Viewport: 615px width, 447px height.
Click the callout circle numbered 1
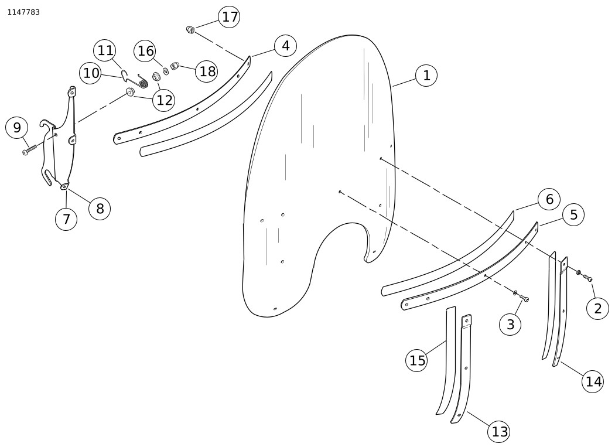click(426, 76)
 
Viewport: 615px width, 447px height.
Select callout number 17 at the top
click(229, 17)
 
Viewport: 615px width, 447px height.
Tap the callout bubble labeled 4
click(286, 46)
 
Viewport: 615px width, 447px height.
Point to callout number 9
click(16, 128)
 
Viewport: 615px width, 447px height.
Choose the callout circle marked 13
click(499, 432)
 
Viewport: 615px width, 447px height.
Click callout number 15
click(416, 360)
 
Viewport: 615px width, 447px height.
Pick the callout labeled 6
click(549, 199)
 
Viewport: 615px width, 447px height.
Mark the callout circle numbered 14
click(593, 381)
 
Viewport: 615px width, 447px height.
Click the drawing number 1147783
click(23, 12)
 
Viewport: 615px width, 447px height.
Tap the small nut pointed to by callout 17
click(190, 29)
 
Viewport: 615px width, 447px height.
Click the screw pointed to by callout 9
click(29, 150)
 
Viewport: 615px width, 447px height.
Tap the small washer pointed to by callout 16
click(166, 71)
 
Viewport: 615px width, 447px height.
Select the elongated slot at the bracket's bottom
click(47, 177)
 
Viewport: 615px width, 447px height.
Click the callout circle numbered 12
click(164, 100)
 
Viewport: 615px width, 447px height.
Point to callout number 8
click(100, 209)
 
